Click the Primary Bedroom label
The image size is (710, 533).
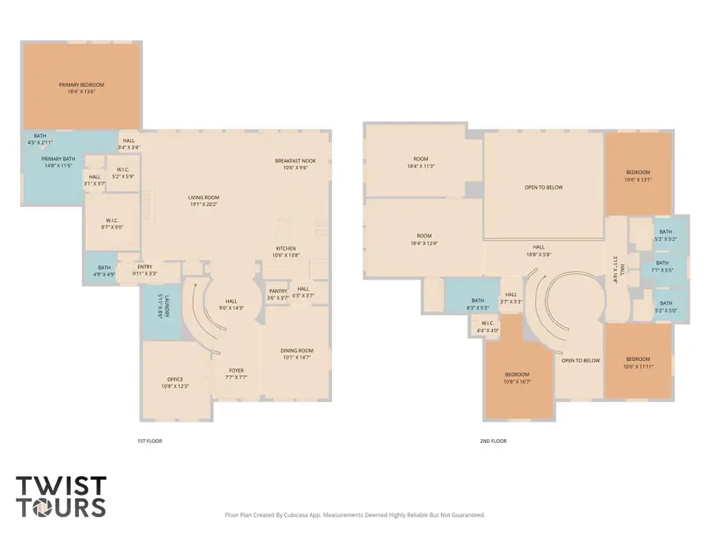81,84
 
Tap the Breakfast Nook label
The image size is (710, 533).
295,161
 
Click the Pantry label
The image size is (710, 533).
278,291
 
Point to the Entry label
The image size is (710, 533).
144,267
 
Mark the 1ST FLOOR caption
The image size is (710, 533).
149,441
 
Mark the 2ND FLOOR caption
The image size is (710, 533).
494,441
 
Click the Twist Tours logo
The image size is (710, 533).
61,495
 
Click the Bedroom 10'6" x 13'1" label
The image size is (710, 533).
638,172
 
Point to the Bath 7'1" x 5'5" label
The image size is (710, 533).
661,263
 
